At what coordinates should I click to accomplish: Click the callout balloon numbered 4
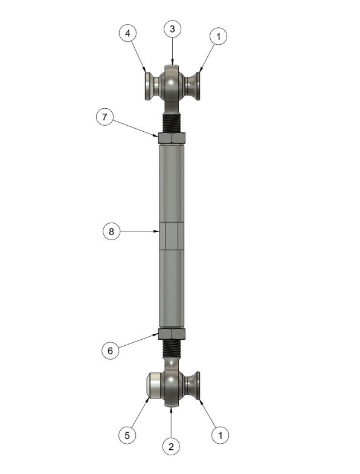[x=128, y=33]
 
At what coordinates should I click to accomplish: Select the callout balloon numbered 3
[x=173, y=29]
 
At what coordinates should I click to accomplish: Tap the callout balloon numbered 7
[x=104, y=117]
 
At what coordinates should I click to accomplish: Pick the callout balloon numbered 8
[x=111, y=232]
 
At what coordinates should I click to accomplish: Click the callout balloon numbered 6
[x=110, y=351]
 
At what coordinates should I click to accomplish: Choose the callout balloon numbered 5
[x=127, y=435]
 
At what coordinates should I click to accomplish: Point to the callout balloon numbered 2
[x=172, y=446]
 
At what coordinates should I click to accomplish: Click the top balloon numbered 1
[x=219, y=36]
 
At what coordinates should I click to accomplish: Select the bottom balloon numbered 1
[x=220, y=435]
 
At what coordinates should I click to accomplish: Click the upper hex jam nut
[x=172, y=138]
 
